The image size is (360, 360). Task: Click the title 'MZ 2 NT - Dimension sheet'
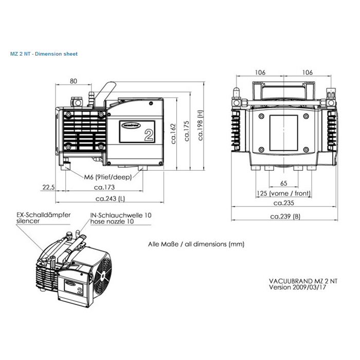pos(44,54)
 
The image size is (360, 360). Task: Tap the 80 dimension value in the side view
pos(74,81)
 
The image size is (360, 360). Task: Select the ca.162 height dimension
pos(173,134)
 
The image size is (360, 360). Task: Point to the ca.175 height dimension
pos(187,131)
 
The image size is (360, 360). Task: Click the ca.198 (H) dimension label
pos(201,125)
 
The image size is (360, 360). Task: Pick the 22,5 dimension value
pos(48,187)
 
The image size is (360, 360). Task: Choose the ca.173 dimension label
pos(104,187)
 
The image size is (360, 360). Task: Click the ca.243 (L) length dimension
pos(110,199)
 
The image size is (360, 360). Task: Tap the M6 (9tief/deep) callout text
pos(108,177)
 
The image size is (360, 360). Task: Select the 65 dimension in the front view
pos(284,183)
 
